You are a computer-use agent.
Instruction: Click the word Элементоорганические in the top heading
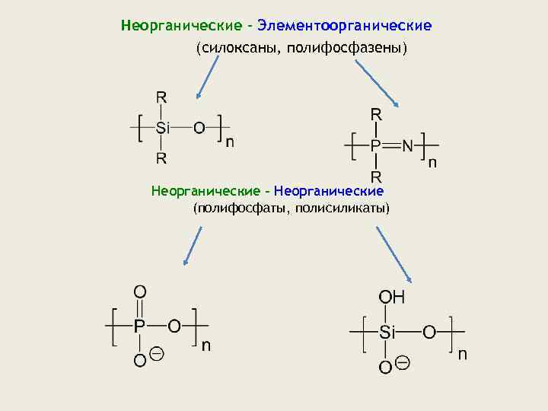(344, 26)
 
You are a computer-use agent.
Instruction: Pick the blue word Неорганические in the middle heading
(329, 190)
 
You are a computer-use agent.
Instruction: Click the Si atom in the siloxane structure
(163, 127)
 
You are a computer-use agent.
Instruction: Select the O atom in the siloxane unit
(199, 127)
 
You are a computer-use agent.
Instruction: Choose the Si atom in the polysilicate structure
(387, 332)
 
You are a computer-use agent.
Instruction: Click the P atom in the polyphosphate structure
(139, 327)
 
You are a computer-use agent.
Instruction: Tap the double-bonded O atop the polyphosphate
(140, 292)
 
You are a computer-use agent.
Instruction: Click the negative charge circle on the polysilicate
(403, 362)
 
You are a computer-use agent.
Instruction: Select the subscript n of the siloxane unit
(229, 142)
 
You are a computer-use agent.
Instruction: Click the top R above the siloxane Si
(162, 97)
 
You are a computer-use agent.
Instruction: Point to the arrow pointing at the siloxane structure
(207, 77)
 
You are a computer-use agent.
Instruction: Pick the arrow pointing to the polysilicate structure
(393, 255)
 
